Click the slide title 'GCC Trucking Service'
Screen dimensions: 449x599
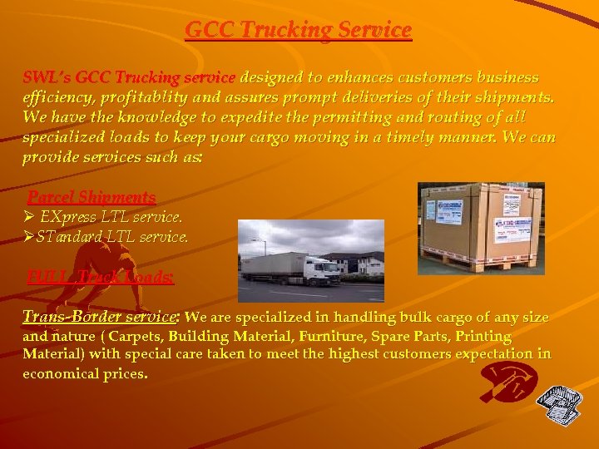click(x=298, y=30)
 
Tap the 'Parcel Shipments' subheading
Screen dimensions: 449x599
click(x=92, y=197)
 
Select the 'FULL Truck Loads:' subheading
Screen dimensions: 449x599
click(x=100, y=277)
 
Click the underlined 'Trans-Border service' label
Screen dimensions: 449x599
click(x=99, y=317)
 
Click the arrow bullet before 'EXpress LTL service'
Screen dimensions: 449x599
click(x=28, y=217)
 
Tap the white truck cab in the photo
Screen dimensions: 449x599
click(x=321, y=269)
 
